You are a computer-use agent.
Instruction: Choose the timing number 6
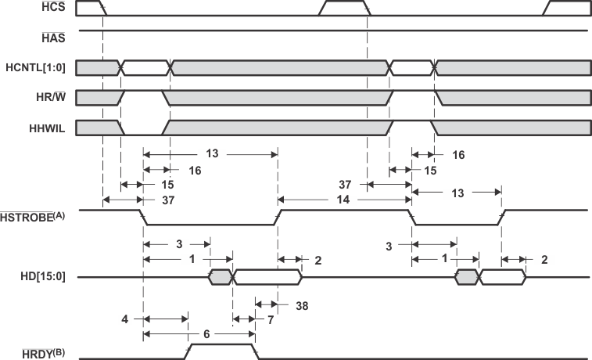coord(206,333)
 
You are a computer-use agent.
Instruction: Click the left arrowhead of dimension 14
coord(283,200)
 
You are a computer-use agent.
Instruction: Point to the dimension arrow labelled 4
coord(165,319)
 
